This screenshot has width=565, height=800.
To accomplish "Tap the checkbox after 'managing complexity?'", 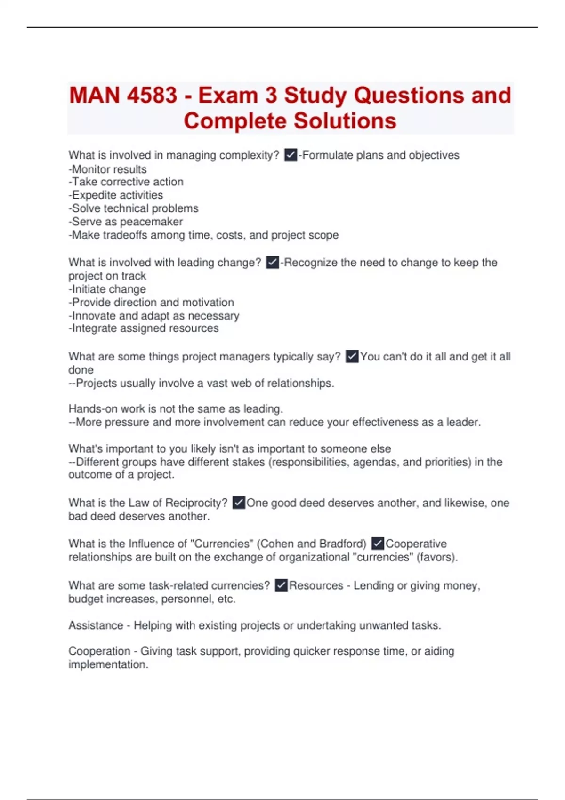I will [x=291, y=155].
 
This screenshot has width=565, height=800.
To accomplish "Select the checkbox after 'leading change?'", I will [x=273, y=262].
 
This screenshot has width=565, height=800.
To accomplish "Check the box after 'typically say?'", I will [x=352, y=356].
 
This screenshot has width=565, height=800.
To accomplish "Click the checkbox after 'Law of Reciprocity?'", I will [x=239, y=503].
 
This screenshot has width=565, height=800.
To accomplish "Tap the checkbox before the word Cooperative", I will [x=378, y=544].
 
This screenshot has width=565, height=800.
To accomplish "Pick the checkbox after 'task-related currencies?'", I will [x=281, y=585].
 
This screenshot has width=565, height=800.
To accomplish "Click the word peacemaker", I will [x=151, y=222].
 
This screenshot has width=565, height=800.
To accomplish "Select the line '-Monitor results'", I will [x=107, y=169].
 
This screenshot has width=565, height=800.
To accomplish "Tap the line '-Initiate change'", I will [x=107, y=289].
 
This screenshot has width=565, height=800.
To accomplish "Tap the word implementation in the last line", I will [x=108, y=664].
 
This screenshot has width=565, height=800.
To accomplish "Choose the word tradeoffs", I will [x=125, y=235].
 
